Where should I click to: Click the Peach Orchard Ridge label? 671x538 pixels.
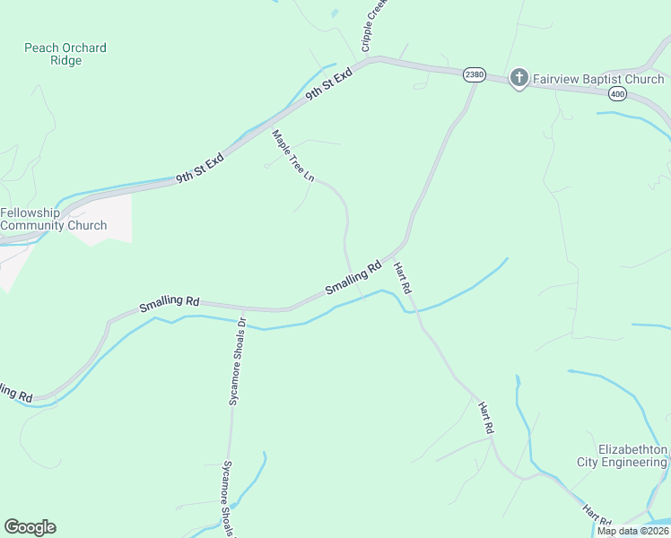(65, 54)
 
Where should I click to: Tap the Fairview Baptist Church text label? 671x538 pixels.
(598, 79)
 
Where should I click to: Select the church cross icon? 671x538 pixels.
(518, 79)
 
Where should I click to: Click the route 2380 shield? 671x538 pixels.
(475, 75)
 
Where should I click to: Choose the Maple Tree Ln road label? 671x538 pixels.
(293, 157)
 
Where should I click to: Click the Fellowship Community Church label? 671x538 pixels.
(54, 219)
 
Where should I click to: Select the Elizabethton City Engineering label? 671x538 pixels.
(633, 456)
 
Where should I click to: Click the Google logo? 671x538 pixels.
(30, 527)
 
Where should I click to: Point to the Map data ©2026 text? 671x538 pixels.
(632, 531)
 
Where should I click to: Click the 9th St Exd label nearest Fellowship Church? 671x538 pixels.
(199, 167)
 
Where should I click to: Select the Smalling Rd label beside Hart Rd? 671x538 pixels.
(353, 277)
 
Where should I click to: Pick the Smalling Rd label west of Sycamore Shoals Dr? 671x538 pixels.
(169, 303)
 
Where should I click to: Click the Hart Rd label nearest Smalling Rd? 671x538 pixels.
(403, 278)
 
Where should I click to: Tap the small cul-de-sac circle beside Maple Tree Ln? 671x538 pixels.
(266, 166)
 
